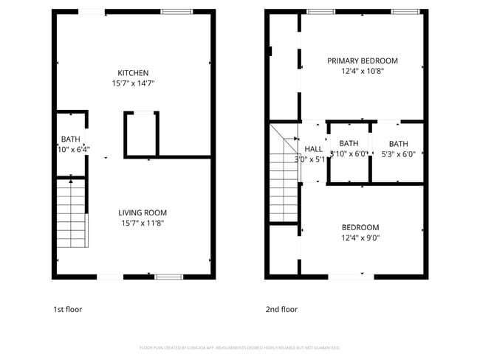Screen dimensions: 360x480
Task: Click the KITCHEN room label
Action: pos(133,72)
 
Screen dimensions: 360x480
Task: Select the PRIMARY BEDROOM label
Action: pos(363,60)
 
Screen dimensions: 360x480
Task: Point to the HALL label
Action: pos(313,148)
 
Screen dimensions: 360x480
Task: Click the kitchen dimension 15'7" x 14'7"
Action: pos(133,83)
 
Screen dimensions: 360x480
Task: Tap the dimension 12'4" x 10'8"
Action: pos(363,72)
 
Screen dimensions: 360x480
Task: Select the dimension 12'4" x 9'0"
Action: pos(360,238)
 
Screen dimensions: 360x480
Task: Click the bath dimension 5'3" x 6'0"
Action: pos(398,155)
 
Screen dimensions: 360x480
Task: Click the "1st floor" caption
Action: pos(67,309)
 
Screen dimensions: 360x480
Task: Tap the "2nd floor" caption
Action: pos(281,309)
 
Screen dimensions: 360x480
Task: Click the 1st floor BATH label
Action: pos(70,139)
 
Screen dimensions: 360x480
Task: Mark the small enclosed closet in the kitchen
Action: pos(140,134)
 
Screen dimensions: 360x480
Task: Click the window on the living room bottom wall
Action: pos(169,277)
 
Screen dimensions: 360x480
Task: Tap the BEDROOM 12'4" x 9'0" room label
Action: pos(360,227)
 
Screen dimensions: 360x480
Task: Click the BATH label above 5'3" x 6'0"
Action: pos(398,144)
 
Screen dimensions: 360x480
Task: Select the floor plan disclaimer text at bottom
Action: pos(239,347)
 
